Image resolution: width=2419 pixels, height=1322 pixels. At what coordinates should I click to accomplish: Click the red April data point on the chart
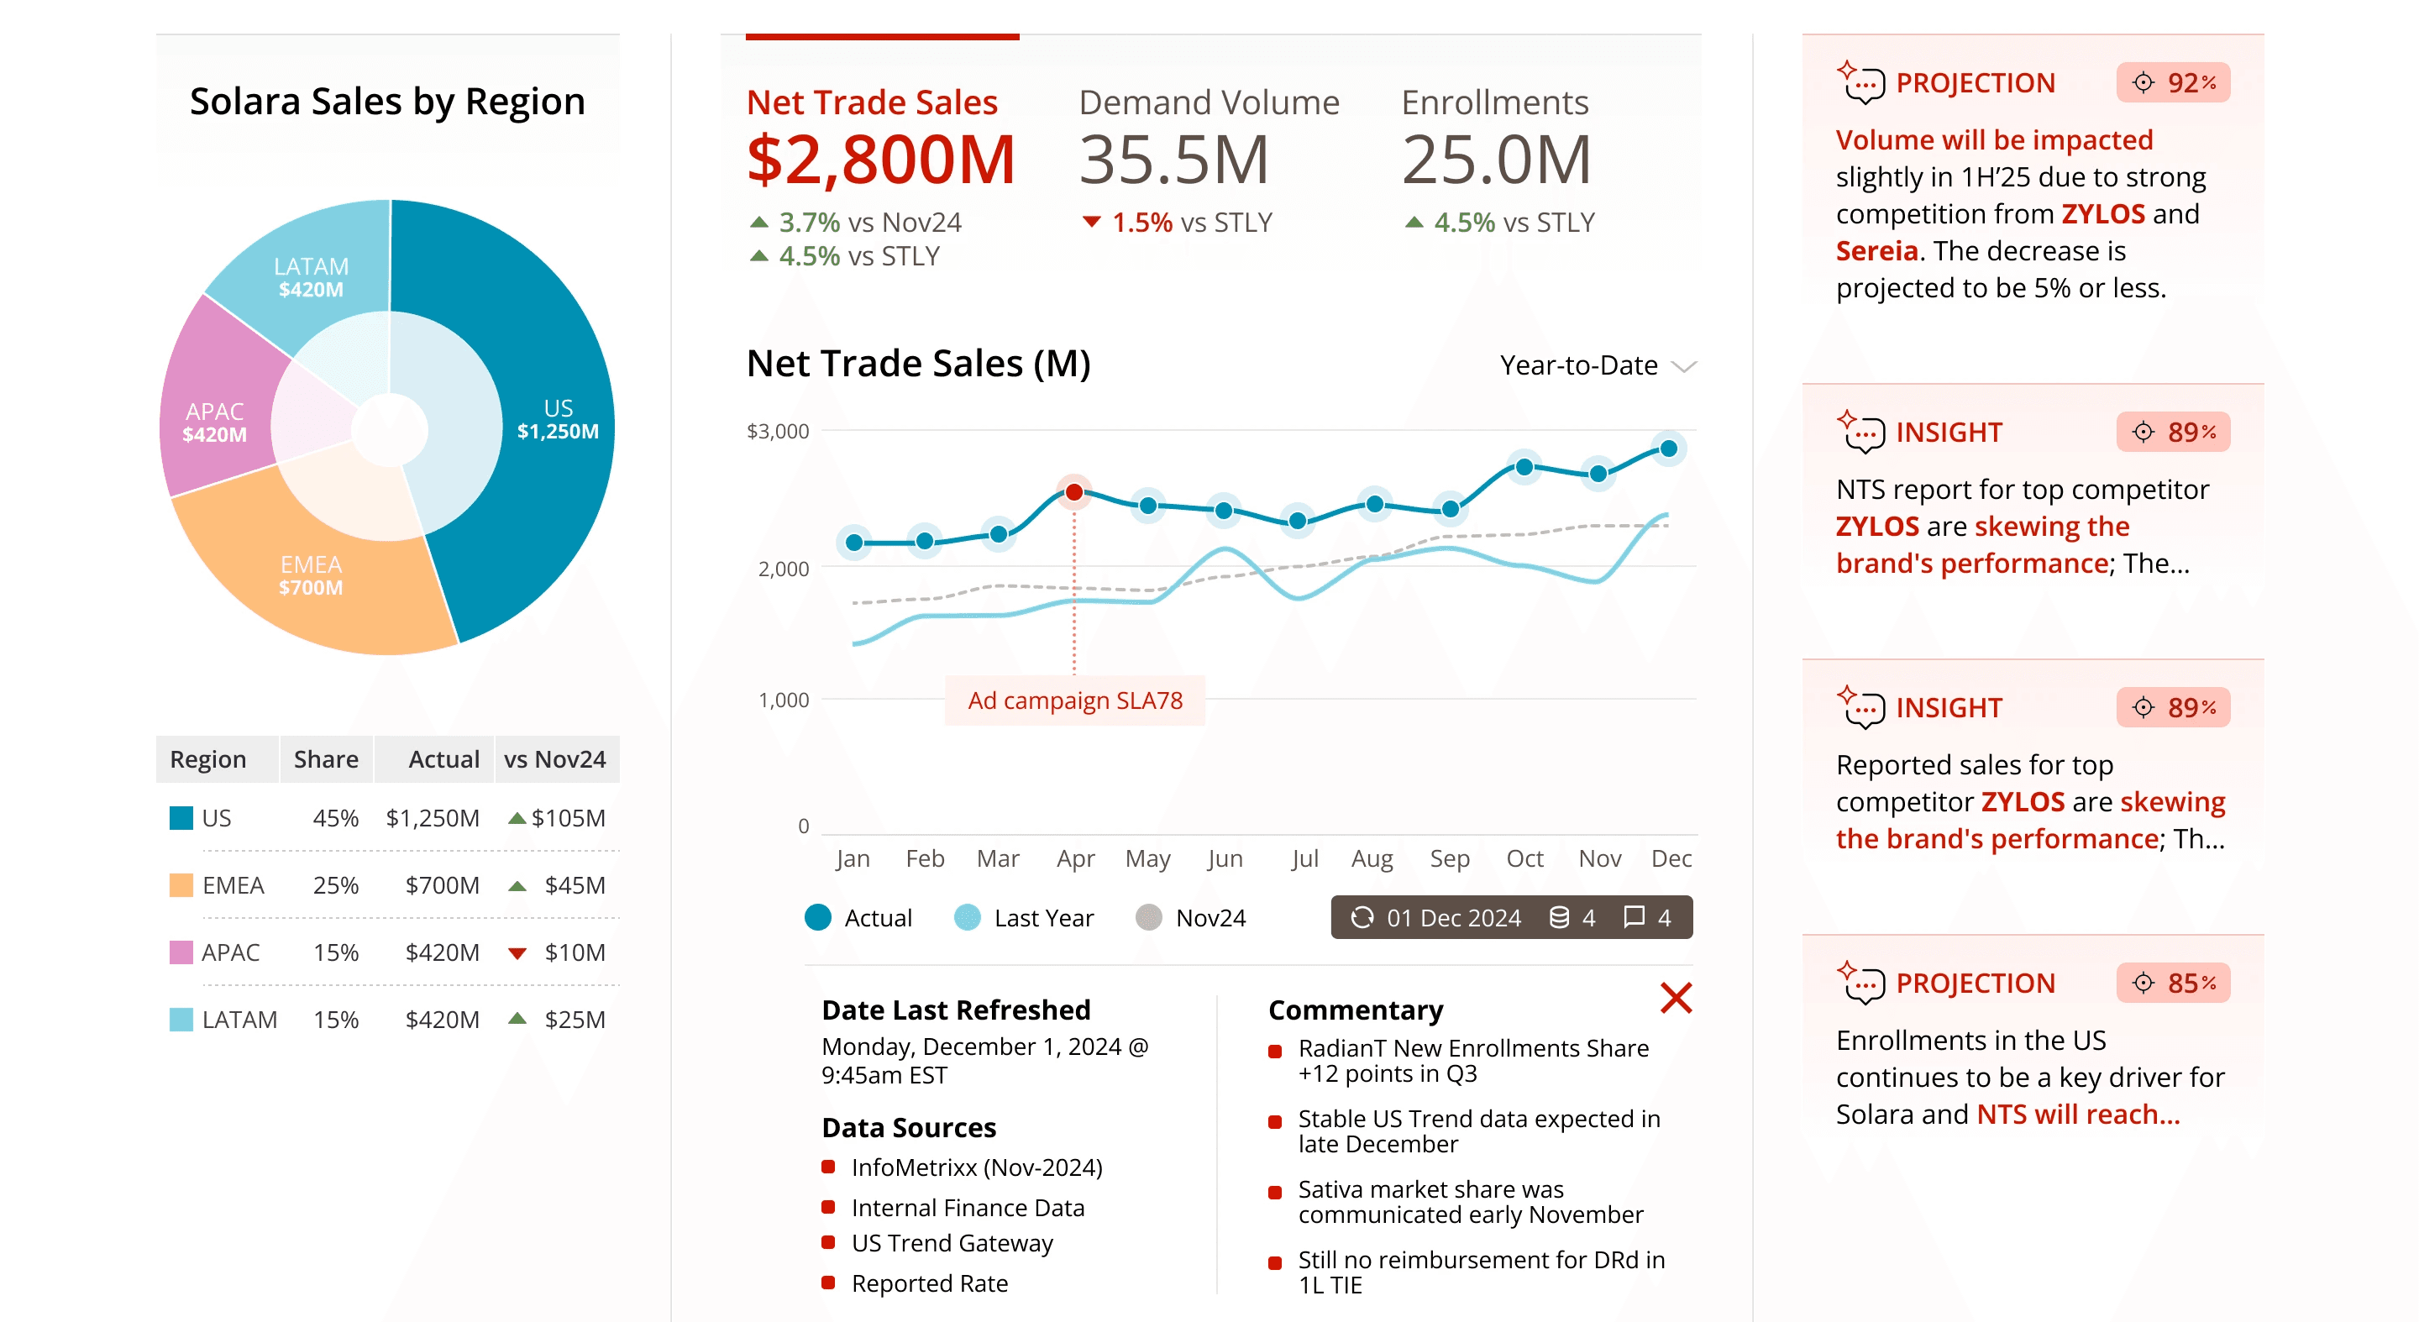point(1074,492)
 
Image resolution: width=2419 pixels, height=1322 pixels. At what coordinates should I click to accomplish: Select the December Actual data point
point(1669,449)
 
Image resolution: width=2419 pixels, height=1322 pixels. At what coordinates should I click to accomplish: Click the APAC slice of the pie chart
point(215,422)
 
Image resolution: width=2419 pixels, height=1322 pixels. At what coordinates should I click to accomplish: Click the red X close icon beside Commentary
point(1676,998)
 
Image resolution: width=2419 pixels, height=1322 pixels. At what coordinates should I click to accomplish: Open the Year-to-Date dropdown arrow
point(1685,366)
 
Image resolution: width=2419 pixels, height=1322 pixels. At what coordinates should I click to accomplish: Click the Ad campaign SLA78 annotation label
point(1075,700)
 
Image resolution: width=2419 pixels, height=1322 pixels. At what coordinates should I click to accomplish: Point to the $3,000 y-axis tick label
point(778,431)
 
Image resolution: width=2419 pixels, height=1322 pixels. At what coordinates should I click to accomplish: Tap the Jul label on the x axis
point(1304,858)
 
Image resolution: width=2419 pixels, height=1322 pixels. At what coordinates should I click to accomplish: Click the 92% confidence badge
point(2173,82)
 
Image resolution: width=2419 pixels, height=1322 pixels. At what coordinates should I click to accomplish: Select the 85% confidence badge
point(2173,983)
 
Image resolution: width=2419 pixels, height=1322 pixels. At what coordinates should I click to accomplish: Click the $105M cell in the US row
point(567,818)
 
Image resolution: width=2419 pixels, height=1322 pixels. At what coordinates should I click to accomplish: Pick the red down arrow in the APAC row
point(517,953)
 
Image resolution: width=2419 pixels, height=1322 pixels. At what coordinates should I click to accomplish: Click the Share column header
point(326,758)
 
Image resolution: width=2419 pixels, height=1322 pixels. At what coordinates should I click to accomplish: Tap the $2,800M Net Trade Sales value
point(881,160)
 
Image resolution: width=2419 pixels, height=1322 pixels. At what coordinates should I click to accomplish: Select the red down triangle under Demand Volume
point(1091,223)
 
